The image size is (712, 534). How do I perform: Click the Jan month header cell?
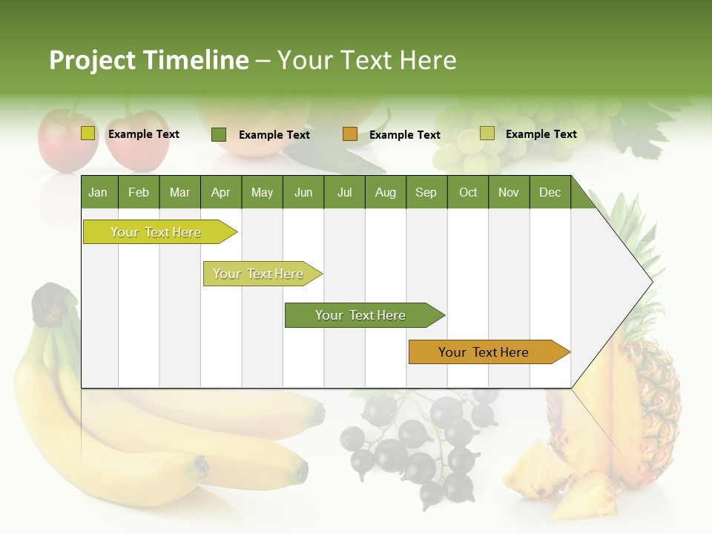(x=99, y=192)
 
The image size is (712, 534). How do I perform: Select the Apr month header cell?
(x=220, y=192)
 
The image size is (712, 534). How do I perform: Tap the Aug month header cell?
(x=385, y=192)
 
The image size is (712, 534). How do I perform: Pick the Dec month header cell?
(x=550, y=192)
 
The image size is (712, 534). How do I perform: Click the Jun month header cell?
(x=303, y=192)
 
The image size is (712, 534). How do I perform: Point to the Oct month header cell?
(x=467, y=192)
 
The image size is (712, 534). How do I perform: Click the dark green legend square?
(x=219, y=134)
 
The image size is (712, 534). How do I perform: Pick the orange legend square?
(x=350, y=134)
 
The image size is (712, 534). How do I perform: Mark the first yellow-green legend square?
(x=88, y=133)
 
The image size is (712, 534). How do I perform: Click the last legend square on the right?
(x=487, y=133)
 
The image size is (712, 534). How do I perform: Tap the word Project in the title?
(x=92, y=60)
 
